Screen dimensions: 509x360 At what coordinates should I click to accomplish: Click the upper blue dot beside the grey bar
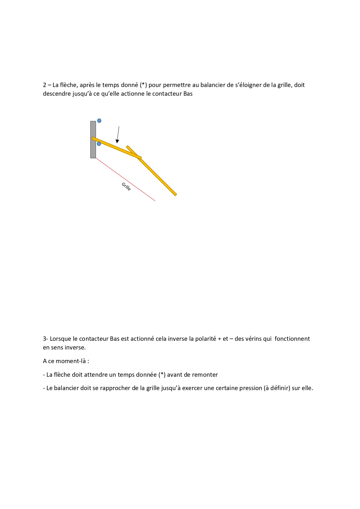pos(99,121)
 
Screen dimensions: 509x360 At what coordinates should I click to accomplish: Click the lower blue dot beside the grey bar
pos(99,144)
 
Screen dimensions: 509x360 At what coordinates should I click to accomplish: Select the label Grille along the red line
pos(126,186)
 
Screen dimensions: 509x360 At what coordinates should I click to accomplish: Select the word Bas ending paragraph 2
pos(188,94)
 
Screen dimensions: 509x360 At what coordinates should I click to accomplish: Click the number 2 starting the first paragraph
pos(45,85)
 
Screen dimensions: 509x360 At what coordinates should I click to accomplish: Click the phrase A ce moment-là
pos(66,361)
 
